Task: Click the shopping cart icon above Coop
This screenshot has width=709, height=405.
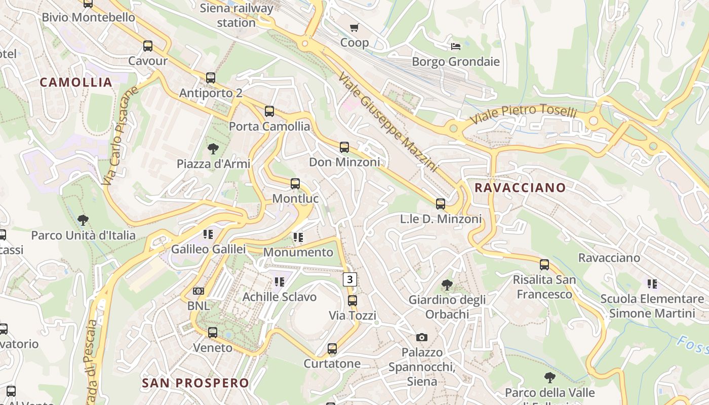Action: (354, 27)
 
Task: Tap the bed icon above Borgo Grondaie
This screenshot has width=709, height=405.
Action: (456, 47)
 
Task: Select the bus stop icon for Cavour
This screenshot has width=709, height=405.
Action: (148, 46)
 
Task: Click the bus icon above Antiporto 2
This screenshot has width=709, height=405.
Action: (211, 78)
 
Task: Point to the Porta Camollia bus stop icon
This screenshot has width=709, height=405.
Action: (269, 111)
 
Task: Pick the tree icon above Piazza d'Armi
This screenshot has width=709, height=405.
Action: (213, 149)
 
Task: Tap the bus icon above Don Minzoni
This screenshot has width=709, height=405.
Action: (344, 147)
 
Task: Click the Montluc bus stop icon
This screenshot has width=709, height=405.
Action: (295, 184)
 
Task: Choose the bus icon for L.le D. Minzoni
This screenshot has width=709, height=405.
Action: (441, 204)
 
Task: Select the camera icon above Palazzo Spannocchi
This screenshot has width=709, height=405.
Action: (422, 337)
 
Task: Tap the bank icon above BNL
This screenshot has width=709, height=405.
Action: (199, 291)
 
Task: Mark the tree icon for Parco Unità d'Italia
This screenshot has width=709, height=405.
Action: (83, 220)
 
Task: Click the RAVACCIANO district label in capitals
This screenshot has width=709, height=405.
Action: (520, 188)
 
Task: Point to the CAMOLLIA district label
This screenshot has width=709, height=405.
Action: (76, 83)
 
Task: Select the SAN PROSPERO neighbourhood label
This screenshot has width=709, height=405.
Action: (195, 383)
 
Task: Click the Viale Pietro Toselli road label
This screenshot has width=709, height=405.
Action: (524, 113)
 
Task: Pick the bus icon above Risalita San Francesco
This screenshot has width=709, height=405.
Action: (544, 264)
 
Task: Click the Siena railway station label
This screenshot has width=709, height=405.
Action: (237, 15)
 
